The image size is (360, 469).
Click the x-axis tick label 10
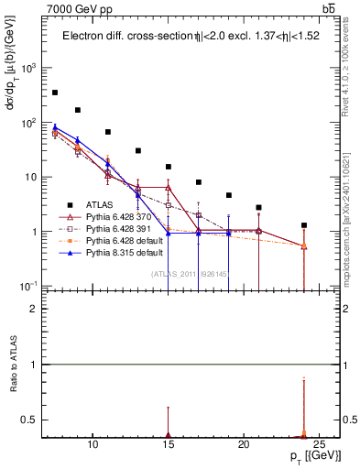coord(93,445)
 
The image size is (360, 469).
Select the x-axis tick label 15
coord(169,445)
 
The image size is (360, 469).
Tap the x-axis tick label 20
coord(244,445)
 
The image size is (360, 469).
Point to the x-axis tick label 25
coord(319,445)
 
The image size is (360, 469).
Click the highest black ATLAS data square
coord(55,93)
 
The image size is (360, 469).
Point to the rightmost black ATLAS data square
coord(304,225)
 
